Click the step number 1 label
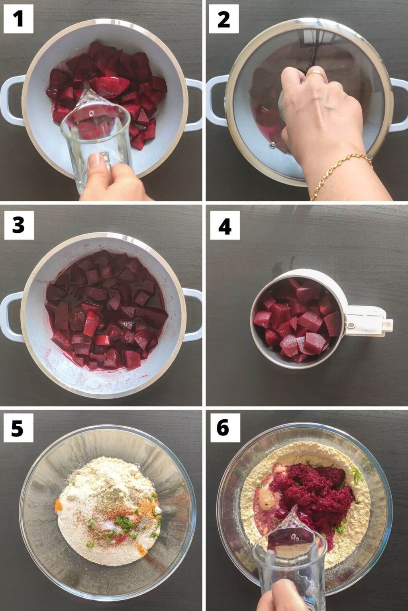pos(19,19)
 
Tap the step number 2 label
pos(224,19)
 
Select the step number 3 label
pos(19,225)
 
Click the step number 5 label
pos(18,428)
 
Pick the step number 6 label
pos(225,428)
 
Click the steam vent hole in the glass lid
pos(272,145)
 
